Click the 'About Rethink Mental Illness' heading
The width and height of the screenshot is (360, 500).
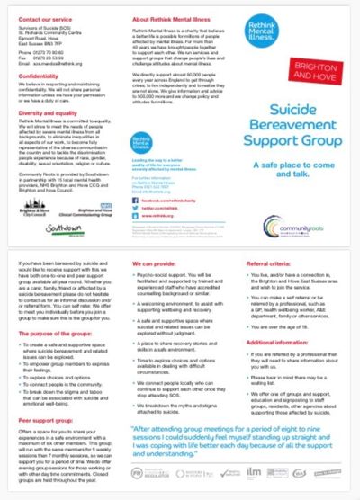[x=165, y=17]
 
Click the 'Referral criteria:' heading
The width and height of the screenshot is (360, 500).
[x=266, y=264]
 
